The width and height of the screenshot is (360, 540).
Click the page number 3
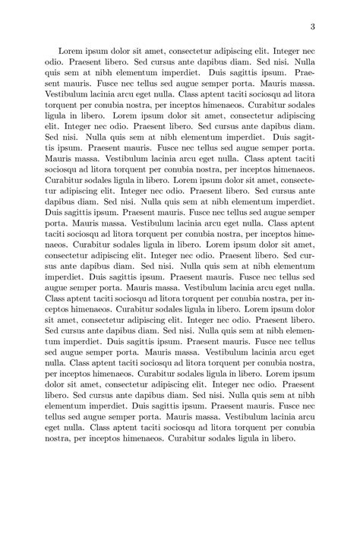[312, 28]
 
